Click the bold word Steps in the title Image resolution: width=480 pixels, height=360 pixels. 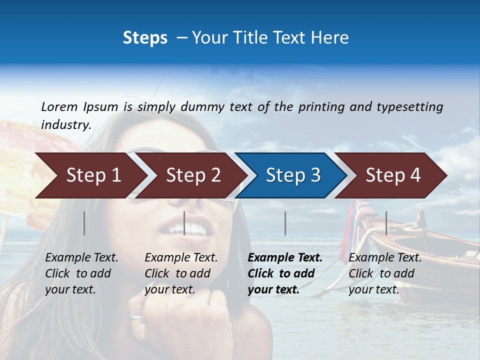[x=145, y=38]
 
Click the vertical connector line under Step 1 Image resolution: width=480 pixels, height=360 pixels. [x=84, y=223]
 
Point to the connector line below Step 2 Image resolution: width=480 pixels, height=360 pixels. [x=184, y=223]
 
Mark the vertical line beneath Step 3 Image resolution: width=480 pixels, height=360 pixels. [x=285, y=223]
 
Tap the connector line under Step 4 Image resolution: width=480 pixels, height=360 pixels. [x=386, y=223]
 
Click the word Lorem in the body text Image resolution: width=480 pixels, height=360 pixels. [x=59, y=107]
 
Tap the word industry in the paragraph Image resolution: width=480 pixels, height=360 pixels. [x=66, y=125]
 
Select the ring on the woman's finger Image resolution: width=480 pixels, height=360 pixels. [x=135, y=316]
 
